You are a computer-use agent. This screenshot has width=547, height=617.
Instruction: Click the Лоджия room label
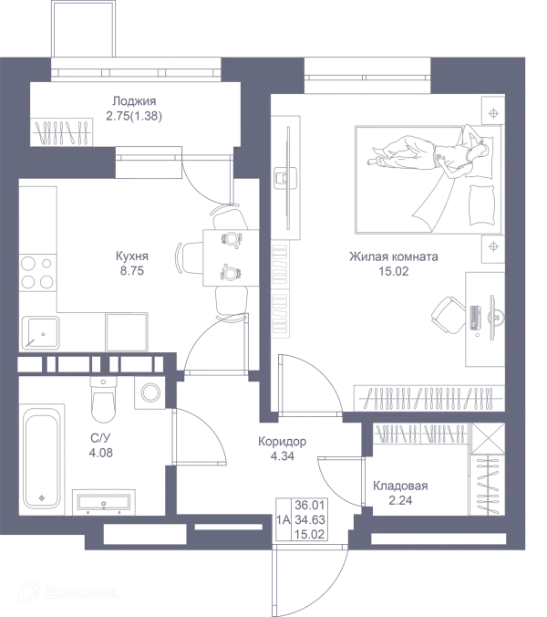coord(137,101)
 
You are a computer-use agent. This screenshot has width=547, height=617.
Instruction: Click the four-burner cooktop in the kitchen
coord(37,272)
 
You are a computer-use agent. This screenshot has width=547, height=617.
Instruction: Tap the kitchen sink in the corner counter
coord(39,333)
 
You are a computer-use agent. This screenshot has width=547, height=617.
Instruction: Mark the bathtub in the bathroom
coord(40,461)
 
